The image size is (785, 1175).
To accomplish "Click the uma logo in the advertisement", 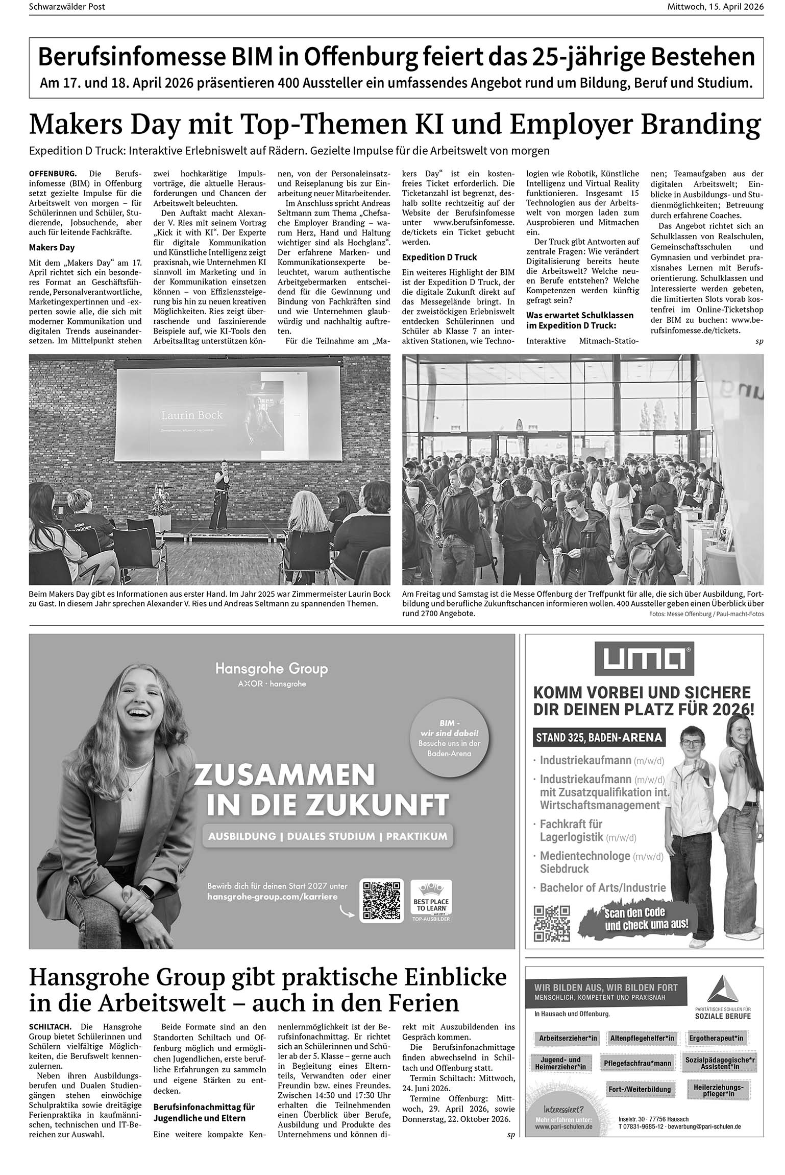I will pos(644,660).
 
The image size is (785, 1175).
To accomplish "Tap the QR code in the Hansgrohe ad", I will pos(381,900).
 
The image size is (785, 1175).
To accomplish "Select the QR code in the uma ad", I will pos(551,923).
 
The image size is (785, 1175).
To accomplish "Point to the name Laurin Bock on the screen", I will pos(192,415).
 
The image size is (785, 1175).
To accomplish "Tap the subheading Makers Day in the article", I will pos(52,248).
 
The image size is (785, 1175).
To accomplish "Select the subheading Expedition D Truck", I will pos(439,257).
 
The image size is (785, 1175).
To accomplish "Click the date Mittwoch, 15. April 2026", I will pos(715,7).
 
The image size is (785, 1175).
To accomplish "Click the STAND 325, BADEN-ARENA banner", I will pos(599,737).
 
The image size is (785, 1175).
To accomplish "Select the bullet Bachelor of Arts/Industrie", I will pos(603,888).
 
